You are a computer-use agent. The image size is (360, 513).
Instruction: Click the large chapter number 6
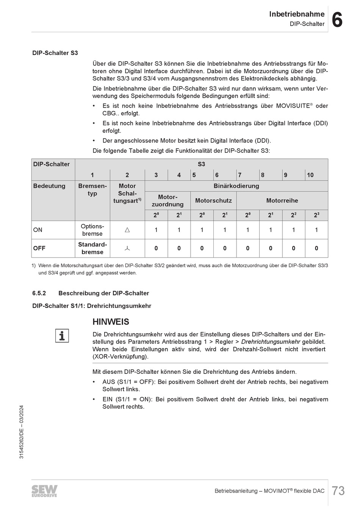click(337, 20)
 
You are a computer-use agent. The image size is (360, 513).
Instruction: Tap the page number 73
click(338, 491)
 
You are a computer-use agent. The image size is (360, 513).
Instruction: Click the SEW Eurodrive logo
click(44, 491)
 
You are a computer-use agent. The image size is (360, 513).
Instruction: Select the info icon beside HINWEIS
click(62, 336)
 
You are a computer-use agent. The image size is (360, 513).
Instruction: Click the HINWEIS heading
click(111, 322)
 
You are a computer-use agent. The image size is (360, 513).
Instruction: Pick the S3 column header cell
click(201, 164)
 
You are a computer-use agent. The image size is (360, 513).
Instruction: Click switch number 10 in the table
click(310, 175)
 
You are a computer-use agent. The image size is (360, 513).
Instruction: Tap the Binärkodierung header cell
click(236, 186)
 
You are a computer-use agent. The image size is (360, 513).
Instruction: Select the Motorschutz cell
click(213, 201)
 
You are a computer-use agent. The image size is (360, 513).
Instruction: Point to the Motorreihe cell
click(282, 201)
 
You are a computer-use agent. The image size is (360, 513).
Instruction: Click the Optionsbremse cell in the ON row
click(92, 230)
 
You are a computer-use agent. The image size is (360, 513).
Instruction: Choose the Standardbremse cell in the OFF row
click(92, 248)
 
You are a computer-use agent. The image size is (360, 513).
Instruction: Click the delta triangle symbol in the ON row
click(127, 230)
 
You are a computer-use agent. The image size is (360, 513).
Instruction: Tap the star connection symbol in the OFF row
click(127, 248)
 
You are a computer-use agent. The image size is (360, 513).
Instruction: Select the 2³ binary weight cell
click(316, 215)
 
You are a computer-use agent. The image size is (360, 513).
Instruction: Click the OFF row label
click(39, 248)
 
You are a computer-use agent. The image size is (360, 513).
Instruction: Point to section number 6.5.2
click(39, 293)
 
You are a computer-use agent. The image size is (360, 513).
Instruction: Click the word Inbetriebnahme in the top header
click(297, 14)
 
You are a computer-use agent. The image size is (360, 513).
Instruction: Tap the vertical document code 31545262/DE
click(22, 432)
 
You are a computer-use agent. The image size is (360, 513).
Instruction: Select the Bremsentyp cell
click(92, 190)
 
